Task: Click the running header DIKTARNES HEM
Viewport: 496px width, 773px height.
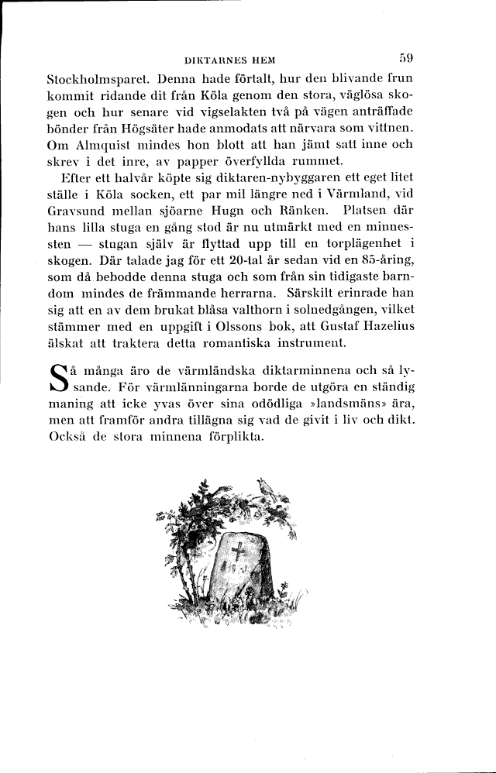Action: pos(232,60)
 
